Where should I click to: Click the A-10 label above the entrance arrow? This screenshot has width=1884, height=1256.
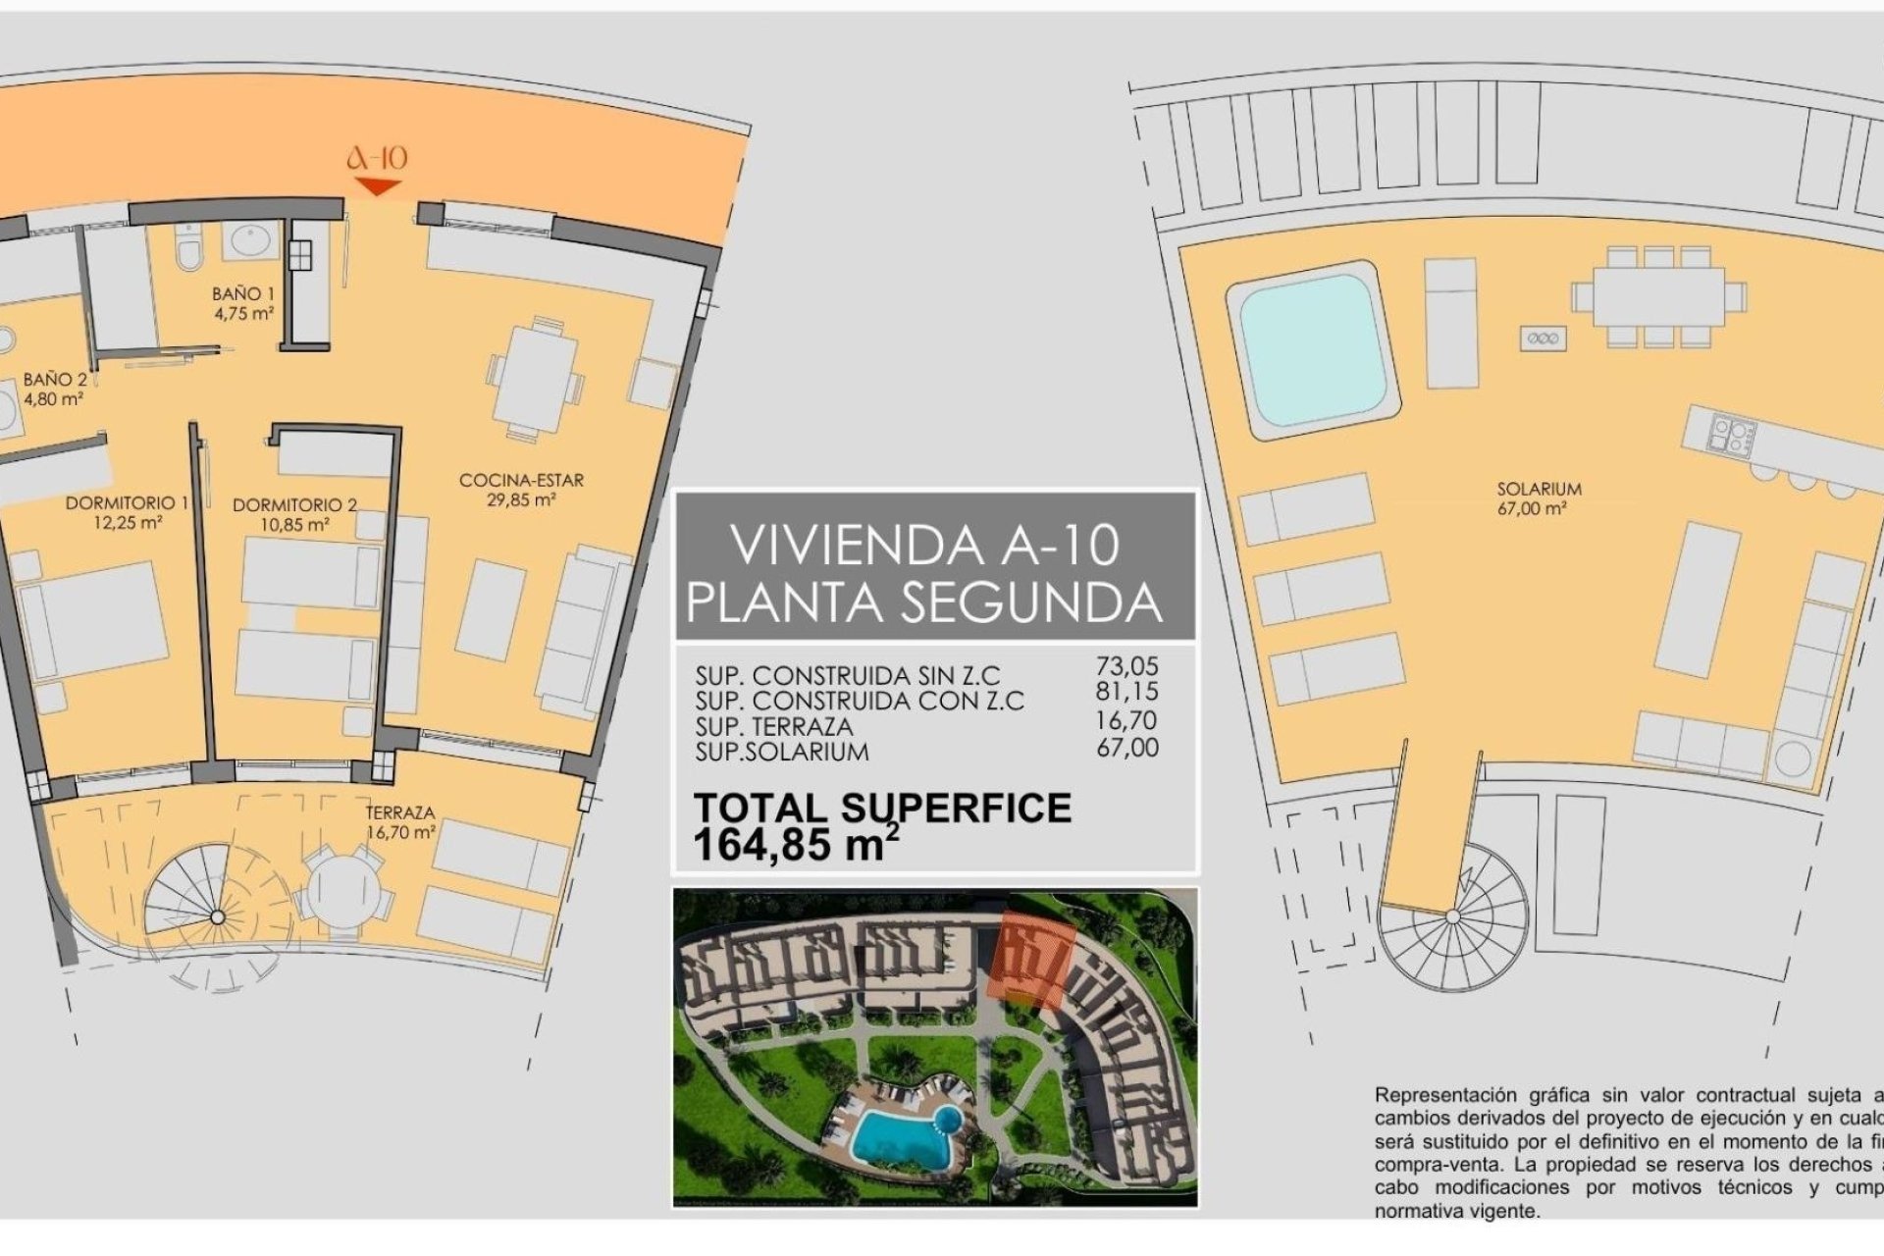pos(378,159)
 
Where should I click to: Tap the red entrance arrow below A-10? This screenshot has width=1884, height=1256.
pos(378,186)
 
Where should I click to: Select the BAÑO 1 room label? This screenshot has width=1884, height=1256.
pos(243,293)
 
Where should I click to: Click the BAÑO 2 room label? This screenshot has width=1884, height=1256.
pos(55,379)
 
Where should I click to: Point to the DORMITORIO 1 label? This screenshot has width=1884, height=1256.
pos(127,503)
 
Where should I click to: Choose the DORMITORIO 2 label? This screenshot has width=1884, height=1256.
pos(294,505)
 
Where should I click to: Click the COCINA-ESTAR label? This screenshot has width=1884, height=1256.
pos(521,481)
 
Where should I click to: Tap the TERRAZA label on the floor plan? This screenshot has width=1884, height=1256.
pos(400,813)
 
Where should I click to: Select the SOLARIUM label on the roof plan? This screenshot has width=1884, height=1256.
pos(1539,489)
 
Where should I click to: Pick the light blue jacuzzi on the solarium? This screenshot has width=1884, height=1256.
pos(1312,348)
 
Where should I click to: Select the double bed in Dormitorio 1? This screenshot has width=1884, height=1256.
pos(93,620)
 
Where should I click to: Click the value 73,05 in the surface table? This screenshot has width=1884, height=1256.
pos(1126,665)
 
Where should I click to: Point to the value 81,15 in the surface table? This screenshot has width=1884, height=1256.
pos(1126,691)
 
